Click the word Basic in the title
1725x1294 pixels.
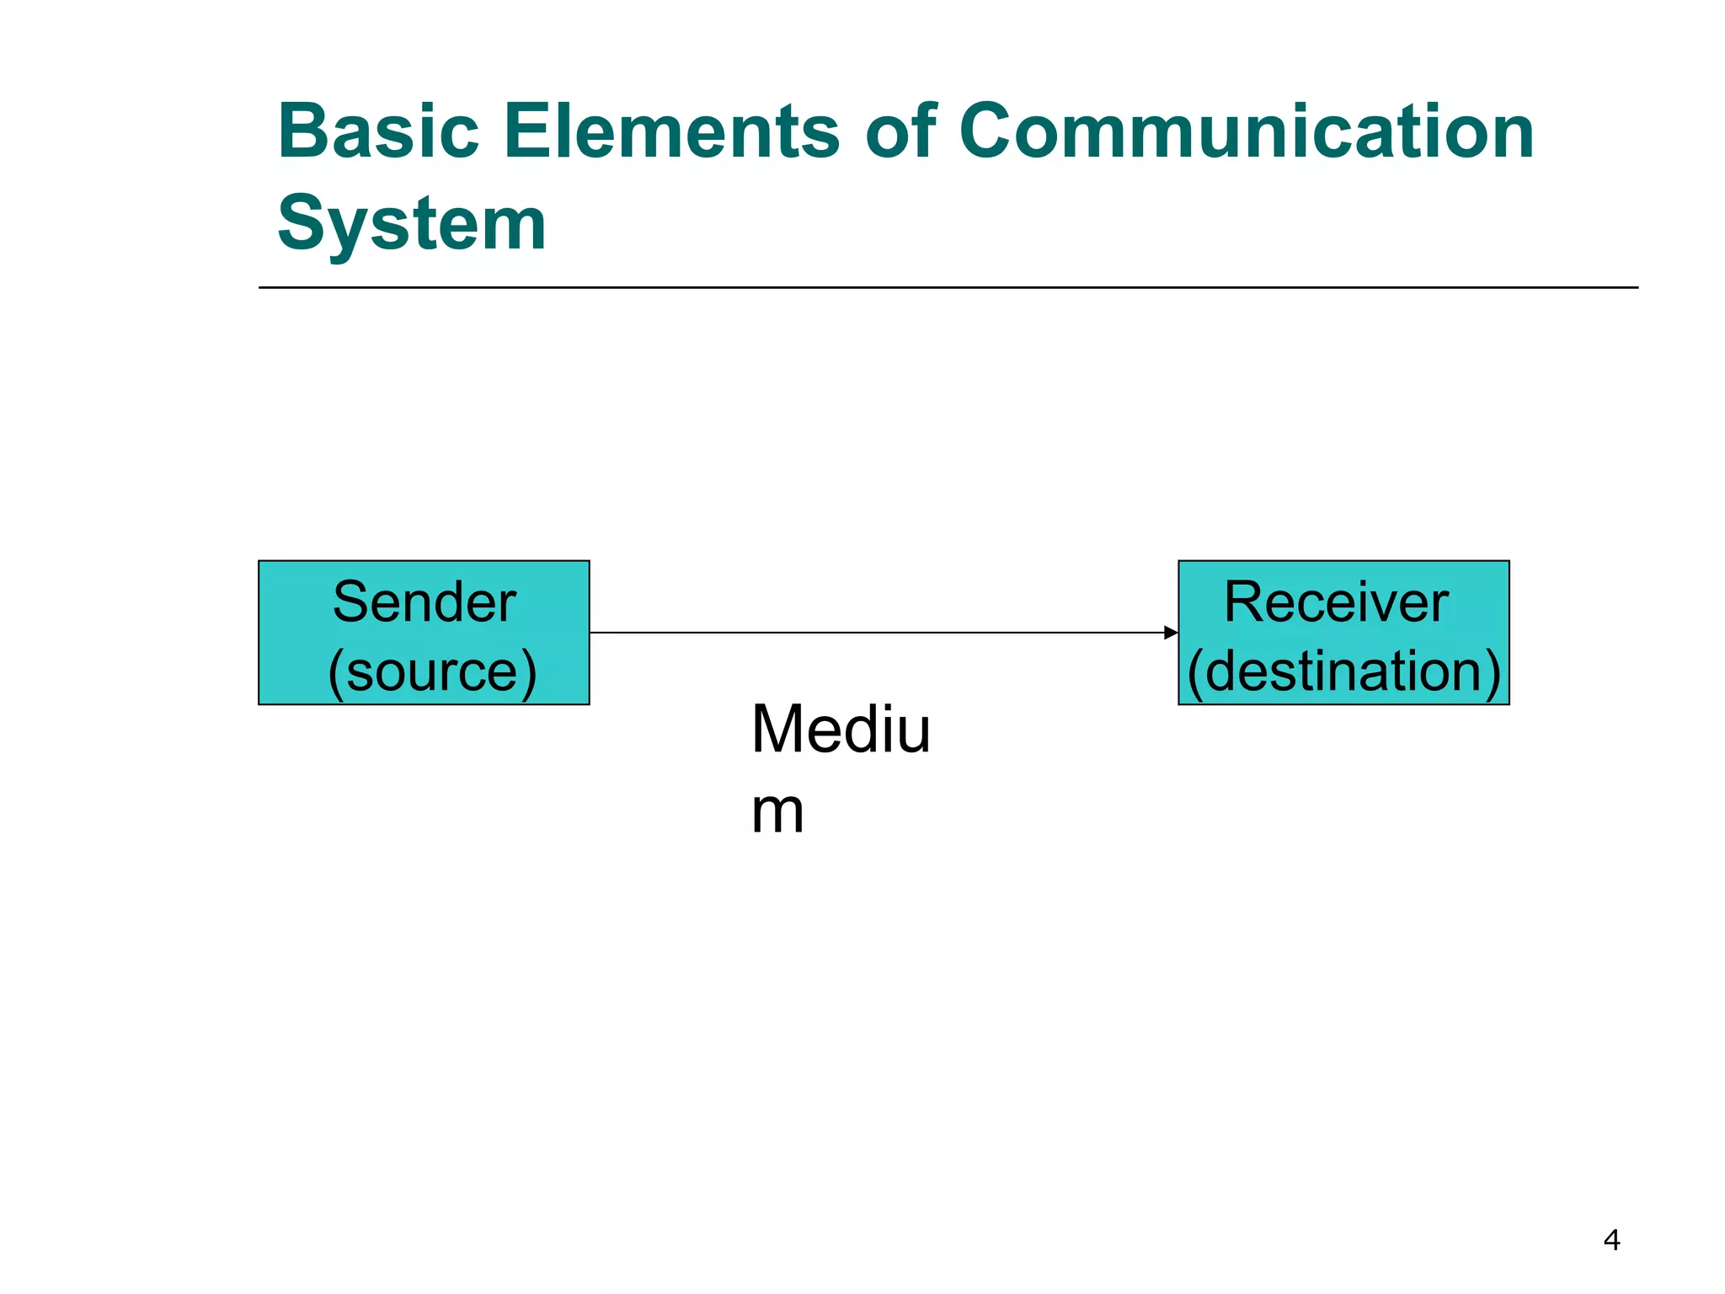click(378, 131)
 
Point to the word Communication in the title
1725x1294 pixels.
click(1247, 131)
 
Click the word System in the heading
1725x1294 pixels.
click(412, 224)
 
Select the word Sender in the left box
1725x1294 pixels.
click(424, 602)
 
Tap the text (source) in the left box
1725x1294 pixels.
click(432, 671)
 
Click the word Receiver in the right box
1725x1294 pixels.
click(1336, 602)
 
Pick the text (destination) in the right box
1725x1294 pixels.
click(1344, 671)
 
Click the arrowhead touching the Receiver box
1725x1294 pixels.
click(1171, 633)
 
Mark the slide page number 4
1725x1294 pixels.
click(1611, 1240)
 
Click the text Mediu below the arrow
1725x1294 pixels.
click(841, 729)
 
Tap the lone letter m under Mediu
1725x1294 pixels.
click(777, 812)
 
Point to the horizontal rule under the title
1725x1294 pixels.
click(948, 287)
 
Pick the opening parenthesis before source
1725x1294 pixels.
click(335, 673)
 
